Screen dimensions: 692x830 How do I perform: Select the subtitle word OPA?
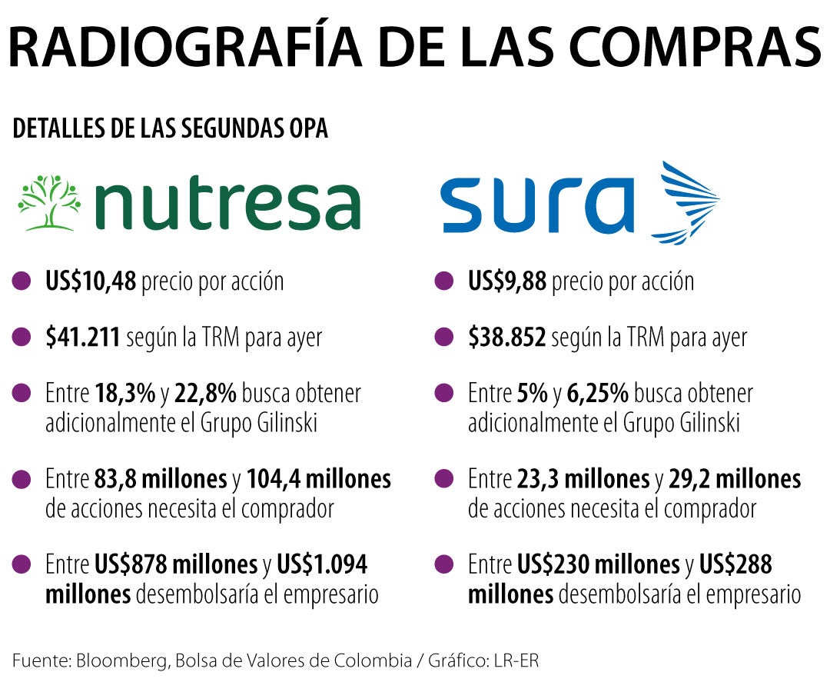[x=307, y=129]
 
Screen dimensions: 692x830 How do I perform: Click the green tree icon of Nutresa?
[x=48, y=202]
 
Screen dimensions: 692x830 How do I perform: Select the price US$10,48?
[x=91, y=281]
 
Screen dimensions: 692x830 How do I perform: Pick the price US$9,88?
[x=507, y=281]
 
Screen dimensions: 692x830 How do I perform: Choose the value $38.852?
[x=507, y=338]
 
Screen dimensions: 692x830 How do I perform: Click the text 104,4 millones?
[x=319, y=480]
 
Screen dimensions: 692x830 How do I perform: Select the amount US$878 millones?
[x=176, y=565]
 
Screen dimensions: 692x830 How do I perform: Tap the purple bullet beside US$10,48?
[x=22, y=281]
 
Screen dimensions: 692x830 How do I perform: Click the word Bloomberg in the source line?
[x=118, y=661]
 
